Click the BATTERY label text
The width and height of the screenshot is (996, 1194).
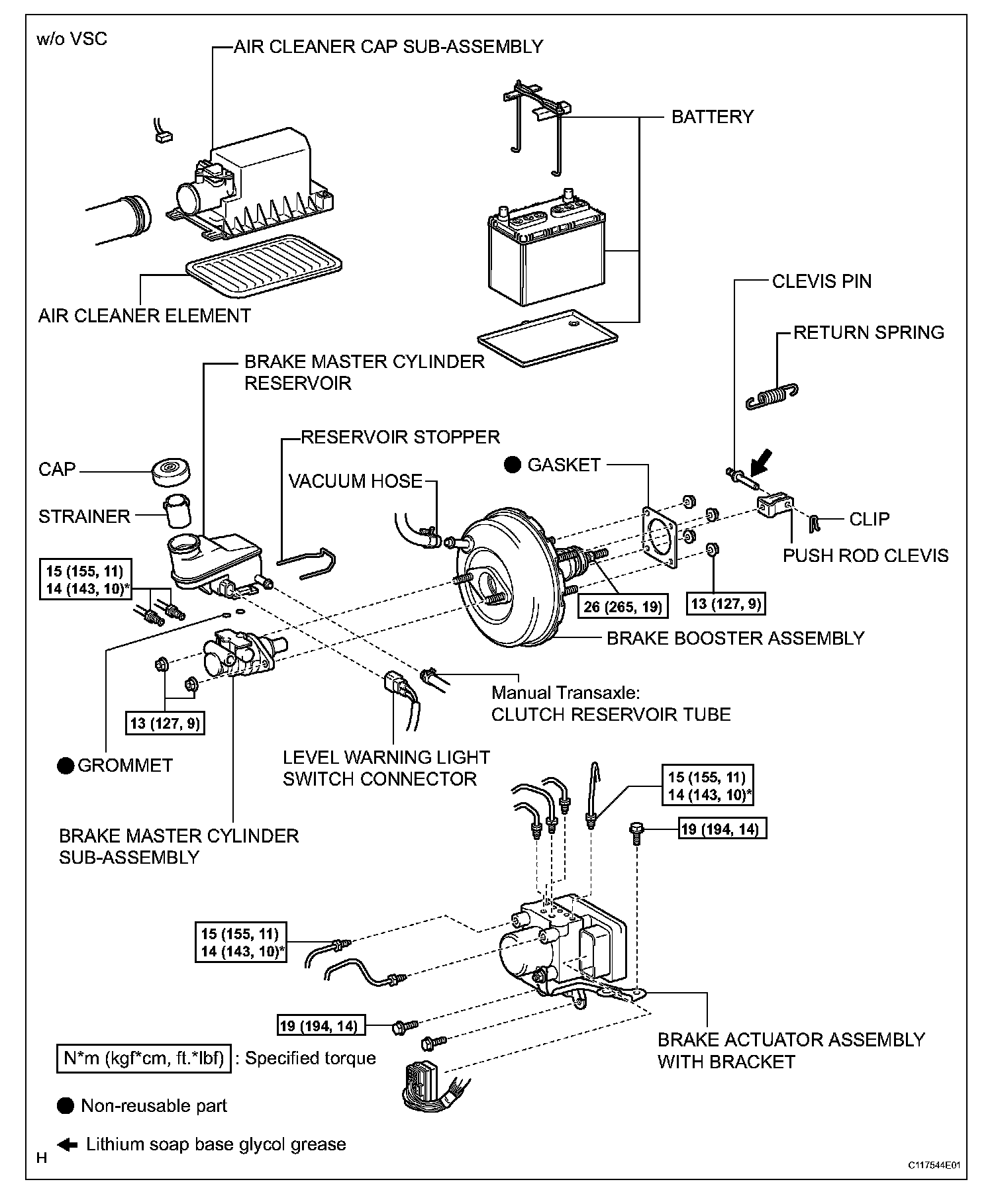[x=712, y=117]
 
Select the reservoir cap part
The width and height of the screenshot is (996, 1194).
[x=172, y=471]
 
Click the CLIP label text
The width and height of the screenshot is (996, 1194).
[x=869, y=519]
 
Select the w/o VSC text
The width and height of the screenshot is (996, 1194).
[x=72, y=39]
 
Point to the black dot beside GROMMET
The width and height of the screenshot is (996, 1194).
[x=65, y=766]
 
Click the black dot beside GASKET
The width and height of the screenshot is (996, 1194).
[x=513, y=465]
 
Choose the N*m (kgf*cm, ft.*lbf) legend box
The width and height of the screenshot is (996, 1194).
[x=144, y=1058]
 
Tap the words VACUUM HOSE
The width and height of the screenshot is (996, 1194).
[x=356, y=481]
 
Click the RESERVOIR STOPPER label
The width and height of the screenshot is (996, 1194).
[x=400, y=437]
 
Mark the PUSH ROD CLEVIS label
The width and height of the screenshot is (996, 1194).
[x=866, y=555]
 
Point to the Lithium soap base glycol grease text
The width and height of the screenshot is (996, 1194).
[x=216, y=1144]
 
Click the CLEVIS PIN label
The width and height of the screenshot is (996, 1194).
[x=821, y=281]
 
